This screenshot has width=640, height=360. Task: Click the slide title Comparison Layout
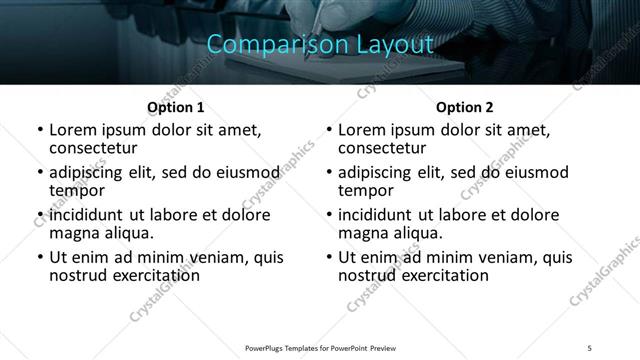(320, 45)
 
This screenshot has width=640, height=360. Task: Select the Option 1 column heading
(175, 107)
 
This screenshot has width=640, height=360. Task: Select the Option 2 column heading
(464, 107)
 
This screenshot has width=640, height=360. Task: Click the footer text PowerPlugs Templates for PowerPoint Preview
(320, 347)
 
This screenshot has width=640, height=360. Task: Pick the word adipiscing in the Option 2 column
(381, 171)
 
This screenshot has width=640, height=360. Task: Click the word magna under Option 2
(364, 233)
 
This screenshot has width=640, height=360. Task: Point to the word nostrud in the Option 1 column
(77, 275)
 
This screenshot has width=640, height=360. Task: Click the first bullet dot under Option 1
(39, 130)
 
